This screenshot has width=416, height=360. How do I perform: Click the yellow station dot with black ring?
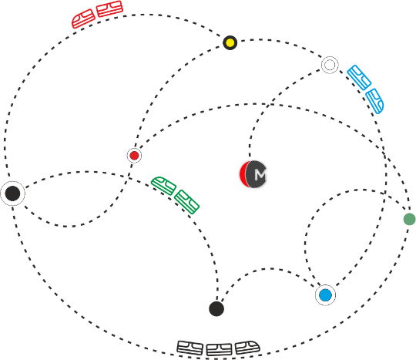point(230,42)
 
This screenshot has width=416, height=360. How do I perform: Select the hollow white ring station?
point(330,65)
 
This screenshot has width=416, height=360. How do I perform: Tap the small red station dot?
point(134,156)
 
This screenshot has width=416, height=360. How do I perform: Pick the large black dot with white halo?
point(12,193)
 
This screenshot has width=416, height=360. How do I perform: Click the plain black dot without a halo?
point(216,309)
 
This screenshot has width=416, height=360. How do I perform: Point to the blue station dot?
point(326,295)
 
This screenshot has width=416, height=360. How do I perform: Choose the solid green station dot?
point(409,219)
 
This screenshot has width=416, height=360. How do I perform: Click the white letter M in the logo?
point(260,175)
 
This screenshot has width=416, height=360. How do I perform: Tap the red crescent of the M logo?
point(243,174)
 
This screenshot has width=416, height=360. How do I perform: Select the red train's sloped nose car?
point(83,19)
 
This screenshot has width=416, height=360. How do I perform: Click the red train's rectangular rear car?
point(109,8)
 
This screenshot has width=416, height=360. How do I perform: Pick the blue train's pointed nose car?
point(374,101)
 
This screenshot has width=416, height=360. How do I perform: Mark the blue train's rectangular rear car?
point(359,78)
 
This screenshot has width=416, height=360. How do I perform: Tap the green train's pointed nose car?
point(163,186)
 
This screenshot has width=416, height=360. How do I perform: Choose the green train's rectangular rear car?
point(186,202)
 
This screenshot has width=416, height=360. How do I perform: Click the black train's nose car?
point(247,348)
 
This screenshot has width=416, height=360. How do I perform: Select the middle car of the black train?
point(219,350)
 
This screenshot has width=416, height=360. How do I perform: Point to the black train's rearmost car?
point(190,348)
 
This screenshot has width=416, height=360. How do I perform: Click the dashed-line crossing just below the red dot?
point(129,177)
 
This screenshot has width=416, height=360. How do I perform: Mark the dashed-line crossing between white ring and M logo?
point(269,105)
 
